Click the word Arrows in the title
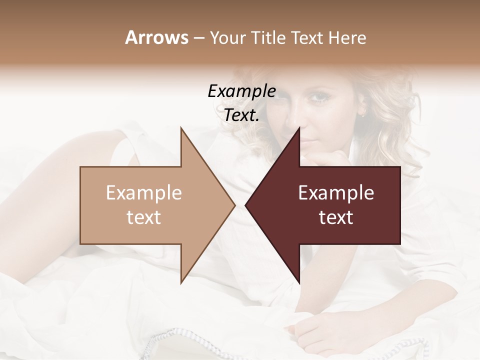(x=156, y=38)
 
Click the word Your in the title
(x=227, y=38)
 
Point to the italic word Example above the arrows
(x=241, y=91)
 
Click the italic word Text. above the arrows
(x=241, y=115)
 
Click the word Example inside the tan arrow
(x=144, y=193)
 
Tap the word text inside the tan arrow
(x=144, y=217)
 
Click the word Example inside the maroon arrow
(x=336, y=193)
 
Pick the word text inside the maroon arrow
(x=336, y=217)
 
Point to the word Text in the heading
(x=308, y=38)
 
